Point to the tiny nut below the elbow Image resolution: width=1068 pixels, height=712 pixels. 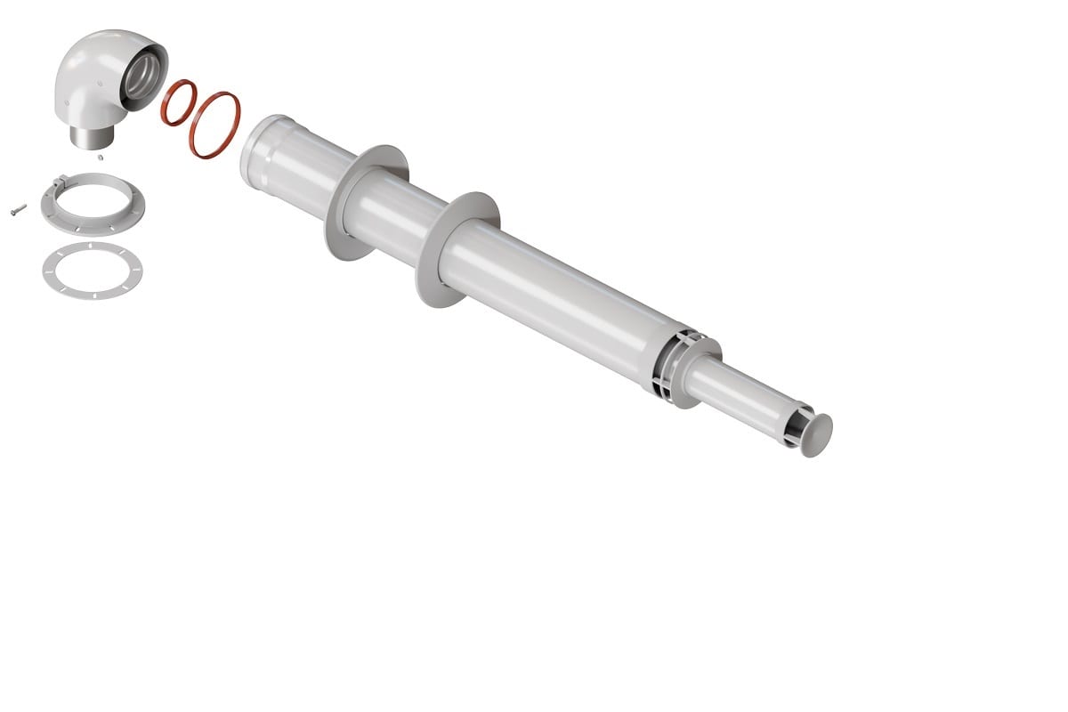101,158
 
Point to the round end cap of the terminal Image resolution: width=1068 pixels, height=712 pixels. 818,435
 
